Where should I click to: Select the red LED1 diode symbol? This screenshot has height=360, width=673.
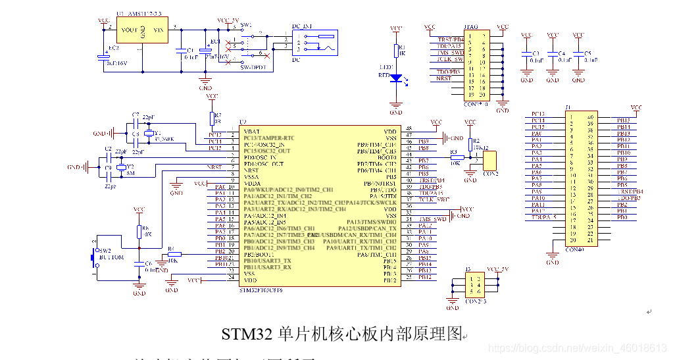point(396,78)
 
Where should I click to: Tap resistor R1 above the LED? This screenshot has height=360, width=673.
point(396,51)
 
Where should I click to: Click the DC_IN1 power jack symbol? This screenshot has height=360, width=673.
point(314,43)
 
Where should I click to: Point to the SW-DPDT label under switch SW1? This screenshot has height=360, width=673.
point(252,68)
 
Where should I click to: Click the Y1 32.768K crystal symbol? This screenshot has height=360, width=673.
point(149,134)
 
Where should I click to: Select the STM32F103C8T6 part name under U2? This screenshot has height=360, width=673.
point(261,290)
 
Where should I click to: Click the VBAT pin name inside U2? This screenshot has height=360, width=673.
point(251,131)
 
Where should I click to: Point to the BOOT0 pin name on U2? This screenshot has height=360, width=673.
point(386,157)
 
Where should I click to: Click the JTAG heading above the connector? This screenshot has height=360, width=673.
point(471,27)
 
